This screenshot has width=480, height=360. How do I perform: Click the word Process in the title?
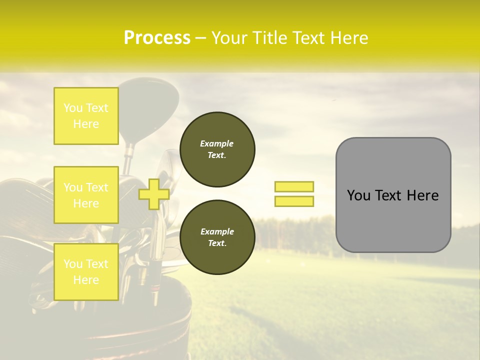point(157,38)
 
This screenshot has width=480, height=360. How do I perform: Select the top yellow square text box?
point(86,116)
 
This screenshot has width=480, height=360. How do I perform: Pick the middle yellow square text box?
point(86,195)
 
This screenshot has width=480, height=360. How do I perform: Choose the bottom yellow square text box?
point(86,271)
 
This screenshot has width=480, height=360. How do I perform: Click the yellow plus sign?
point(153,194)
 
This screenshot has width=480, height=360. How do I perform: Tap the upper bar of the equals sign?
point(294,186)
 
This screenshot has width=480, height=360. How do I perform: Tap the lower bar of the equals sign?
point(294,201)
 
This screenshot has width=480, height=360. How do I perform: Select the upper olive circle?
point(217,149)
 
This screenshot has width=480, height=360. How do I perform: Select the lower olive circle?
point(217,237)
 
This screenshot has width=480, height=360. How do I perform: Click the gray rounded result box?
point(393,195)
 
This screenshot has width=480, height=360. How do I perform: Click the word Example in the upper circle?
point(217,143)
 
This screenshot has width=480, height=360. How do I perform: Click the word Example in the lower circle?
point(217,231)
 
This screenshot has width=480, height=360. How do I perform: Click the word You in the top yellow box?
point(73,108)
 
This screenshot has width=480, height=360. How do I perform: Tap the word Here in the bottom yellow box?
point(86,280)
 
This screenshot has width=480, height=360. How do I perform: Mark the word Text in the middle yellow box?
point(96,187)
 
